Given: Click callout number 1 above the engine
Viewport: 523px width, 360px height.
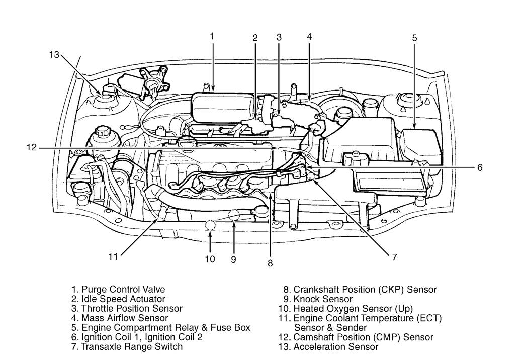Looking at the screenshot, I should point(212,36).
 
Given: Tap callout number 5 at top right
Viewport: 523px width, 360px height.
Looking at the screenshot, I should point(415,38).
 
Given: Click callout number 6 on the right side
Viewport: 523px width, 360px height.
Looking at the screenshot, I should point(480,167).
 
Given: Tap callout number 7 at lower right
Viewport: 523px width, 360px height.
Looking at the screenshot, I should point(395,257).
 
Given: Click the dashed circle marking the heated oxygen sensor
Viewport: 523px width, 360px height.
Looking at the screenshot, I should point(211,227).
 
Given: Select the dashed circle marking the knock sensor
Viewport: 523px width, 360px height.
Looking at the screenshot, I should point(234,216).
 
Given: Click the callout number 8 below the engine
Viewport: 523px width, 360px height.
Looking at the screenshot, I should point(270,262).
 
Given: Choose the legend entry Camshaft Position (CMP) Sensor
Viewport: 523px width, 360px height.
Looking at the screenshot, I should point(358,337).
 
